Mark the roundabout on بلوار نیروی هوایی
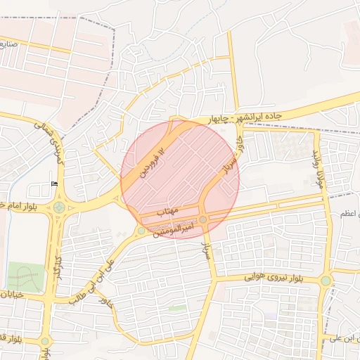pyautogui.click(x=325, y=281)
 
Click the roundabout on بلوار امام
pyautogui.click(x=58, y=207)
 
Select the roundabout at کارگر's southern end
pyautogui.click(x=45, y=342)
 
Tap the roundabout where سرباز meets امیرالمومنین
pyautogui.click(x=203, y=220)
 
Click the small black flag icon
pyautogui.click(x=55, y=184)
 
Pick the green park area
pyautogui.click(x=25, y=276)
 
